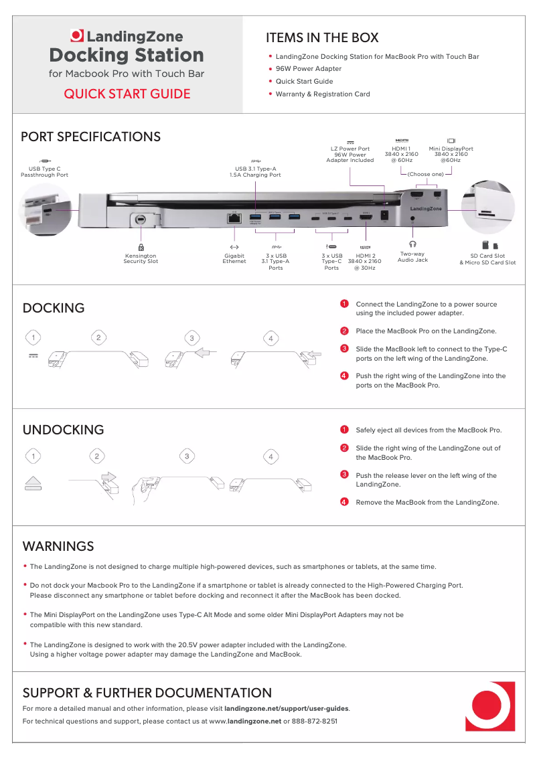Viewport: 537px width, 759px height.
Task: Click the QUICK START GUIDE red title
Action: click(x=127, y=94)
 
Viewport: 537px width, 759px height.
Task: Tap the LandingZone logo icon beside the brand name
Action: click(x=78, y=36)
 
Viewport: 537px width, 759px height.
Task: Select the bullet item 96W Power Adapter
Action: click(x=308, y=69)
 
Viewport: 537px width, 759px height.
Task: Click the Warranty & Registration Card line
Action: click(x=322, y=94)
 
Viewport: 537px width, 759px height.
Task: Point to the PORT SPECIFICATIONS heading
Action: click(x=90, y=137)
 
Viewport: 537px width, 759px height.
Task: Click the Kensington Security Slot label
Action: click(x=141, y=258)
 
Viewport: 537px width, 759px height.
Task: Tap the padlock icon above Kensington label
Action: click(x=141, y=247)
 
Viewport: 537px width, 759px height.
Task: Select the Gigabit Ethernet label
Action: click(x=234, y=258)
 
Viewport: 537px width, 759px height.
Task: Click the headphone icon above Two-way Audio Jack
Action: click(x=412, y=245)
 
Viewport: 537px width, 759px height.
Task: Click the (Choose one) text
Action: click(x=426, y=174)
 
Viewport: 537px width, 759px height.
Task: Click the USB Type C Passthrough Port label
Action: click(x=44, y=171)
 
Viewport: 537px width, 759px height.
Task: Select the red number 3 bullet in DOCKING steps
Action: click(x=343, y=349)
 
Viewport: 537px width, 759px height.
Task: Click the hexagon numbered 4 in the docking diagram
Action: click(x=271, y=339)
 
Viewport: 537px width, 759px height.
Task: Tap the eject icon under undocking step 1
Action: click(x=33, y=484)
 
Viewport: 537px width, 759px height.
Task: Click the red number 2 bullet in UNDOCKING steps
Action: click(x=343, y=448)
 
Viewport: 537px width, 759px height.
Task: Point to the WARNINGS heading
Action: click(x=58, y=546)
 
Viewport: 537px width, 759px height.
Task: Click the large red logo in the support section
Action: click(x=490, y=706)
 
